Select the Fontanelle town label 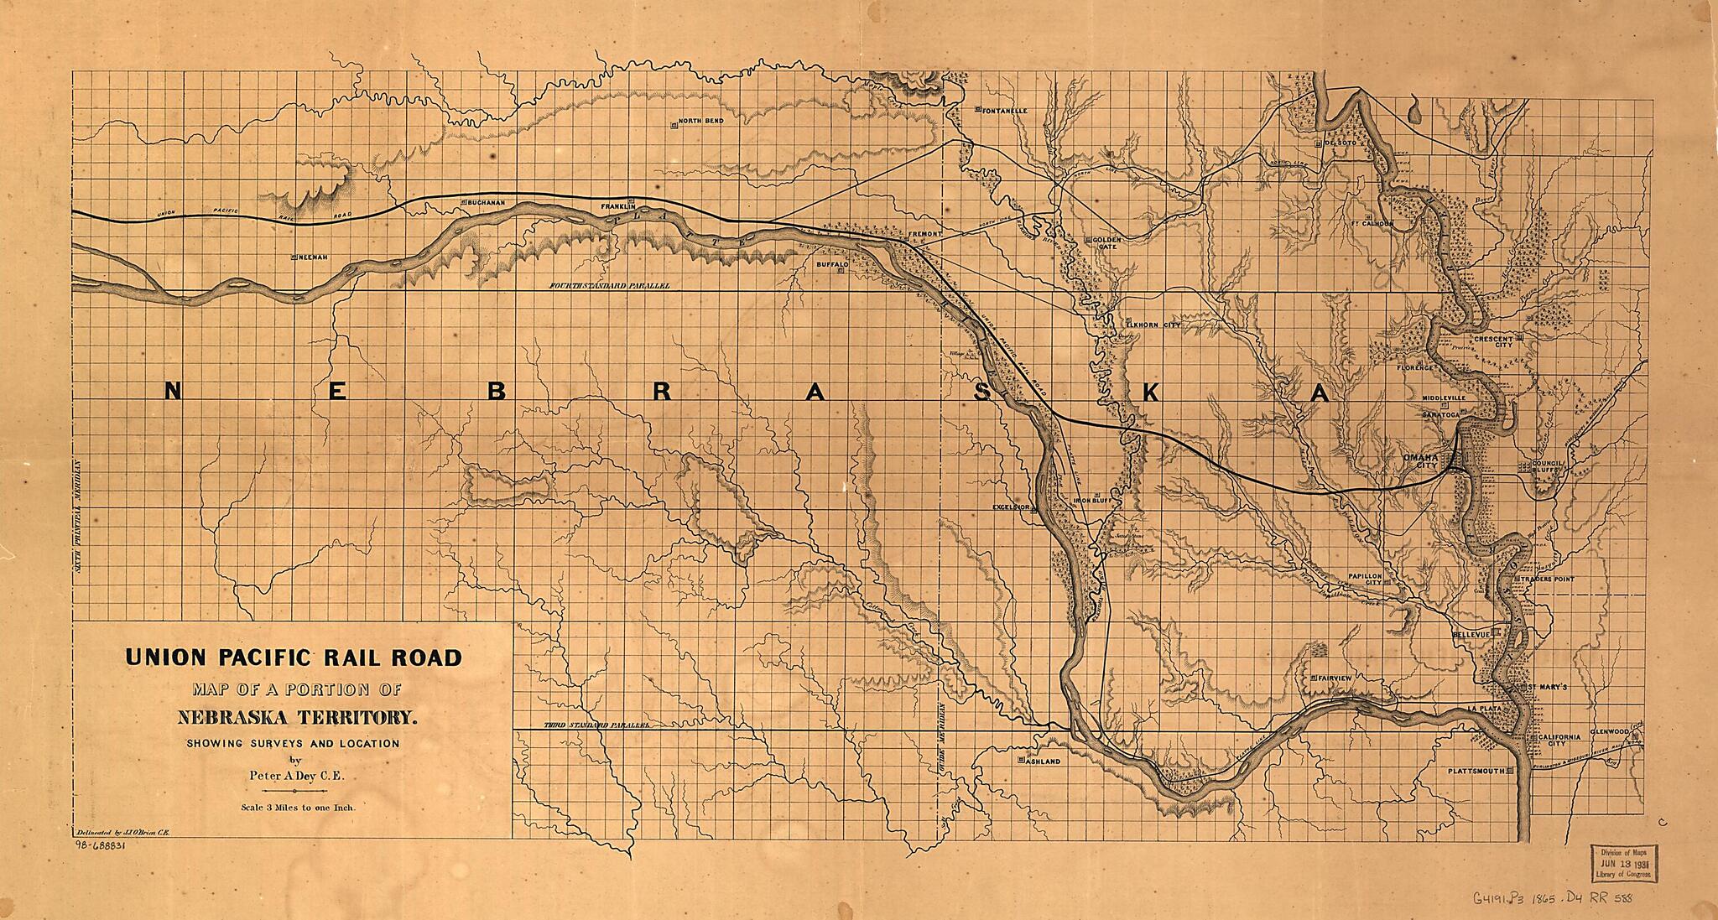pos(1004,111)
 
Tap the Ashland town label pos(1043,761)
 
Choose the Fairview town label pos(1335,677)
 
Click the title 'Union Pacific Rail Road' pos(294,658)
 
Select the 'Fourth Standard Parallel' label pos(610,286)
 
